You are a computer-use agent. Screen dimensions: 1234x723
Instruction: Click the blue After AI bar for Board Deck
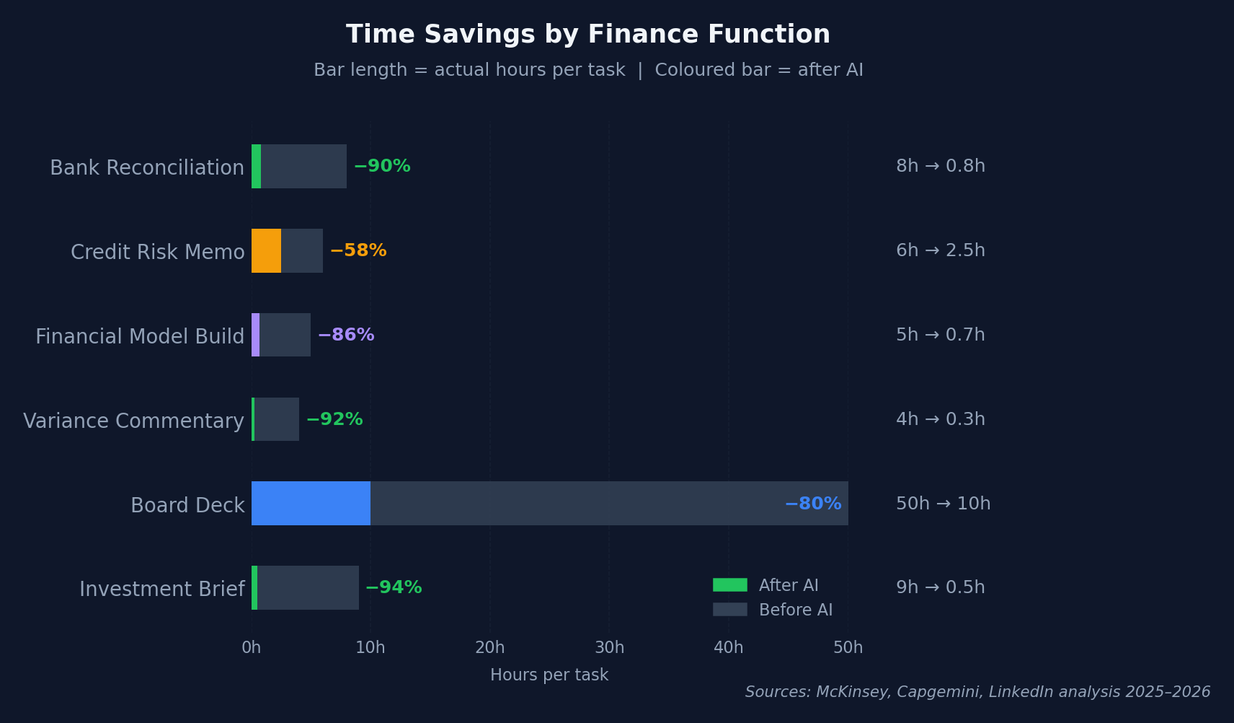311,503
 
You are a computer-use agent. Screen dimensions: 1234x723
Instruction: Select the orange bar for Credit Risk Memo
266,250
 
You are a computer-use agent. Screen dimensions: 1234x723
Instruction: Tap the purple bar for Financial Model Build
256,335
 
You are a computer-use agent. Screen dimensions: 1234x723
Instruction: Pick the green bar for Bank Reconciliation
256,166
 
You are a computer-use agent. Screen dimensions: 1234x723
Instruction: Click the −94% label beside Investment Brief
394,587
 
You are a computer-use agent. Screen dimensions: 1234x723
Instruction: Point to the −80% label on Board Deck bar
813,504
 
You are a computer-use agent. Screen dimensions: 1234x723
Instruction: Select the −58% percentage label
358,250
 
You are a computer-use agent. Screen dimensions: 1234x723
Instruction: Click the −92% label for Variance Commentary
334,419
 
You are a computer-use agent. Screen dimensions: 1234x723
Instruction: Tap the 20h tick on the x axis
489,647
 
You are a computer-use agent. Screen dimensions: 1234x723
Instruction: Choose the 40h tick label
728,647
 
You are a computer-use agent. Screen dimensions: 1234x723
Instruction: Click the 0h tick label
252,647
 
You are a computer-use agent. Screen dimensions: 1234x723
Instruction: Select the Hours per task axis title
549,675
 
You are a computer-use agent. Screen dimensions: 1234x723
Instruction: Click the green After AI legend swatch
730,585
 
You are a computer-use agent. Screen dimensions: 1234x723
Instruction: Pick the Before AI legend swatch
730,610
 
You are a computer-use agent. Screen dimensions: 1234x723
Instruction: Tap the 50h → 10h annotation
943,504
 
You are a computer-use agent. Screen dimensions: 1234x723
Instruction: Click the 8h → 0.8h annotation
941,166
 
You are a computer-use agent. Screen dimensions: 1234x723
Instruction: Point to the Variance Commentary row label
134,421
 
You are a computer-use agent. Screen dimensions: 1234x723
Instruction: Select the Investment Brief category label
162,589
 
